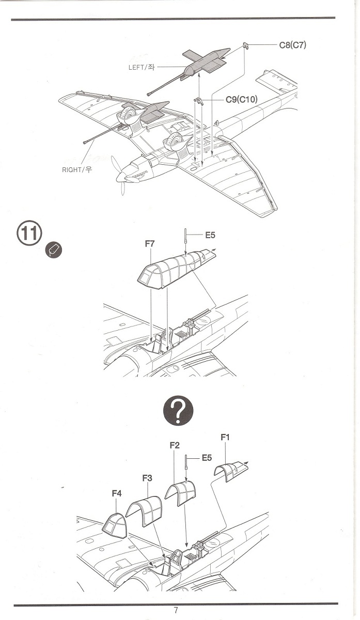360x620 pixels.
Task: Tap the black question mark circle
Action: (178, 411)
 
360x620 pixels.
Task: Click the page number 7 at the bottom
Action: (176, 610)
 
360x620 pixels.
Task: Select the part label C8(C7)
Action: (292, 45)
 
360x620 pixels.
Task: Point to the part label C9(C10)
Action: (241, 99)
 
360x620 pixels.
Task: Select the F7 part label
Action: (150, 243)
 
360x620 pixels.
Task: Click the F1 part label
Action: (225, 438)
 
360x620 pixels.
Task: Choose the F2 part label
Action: (174, 445)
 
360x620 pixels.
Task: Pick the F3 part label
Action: (147, 478)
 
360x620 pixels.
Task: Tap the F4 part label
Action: (117, 494)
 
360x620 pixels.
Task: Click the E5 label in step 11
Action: (210, 235)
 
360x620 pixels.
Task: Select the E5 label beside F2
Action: (207, 457)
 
